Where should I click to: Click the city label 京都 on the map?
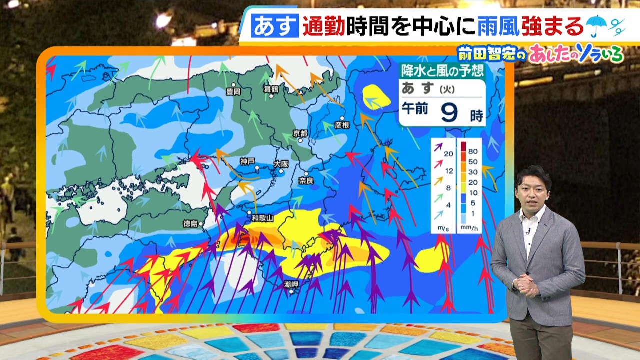pos(301,133)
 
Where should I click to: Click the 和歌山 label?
pos(262,218)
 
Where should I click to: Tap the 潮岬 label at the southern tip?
pos(291,284)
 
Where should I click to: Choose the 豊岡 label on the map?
pos(233,92)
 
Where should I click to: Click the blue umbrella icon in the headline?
pos(596,26)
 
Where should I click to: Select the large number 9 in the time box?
pos(450,113)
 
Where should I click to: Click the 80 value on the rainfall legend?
pos(472,151)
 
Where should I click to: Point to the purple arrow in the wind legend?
pos(438,147)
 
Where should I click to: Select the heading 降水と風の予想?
pos(442,71)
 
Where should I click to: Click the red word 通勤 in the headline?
pos(324,26)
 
